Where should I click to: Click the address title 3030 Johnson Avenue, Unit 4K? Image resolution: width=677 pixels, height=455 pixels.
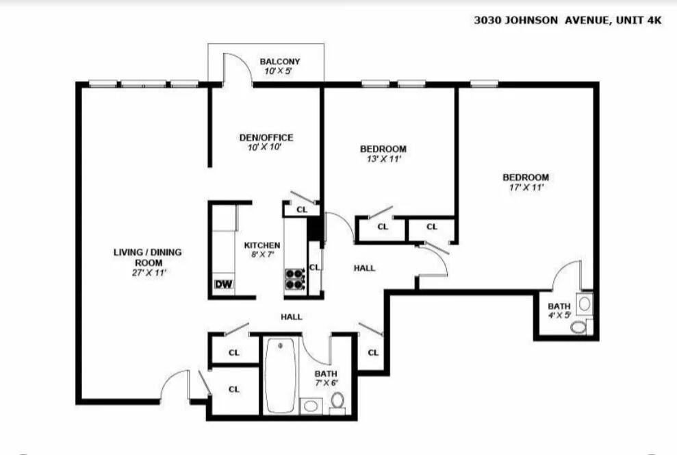567,21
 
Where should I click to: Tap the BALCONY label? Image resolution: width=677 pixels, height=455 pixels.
279,62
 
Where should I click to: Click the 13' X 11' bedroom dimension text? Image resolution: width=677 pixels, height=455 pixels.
383,159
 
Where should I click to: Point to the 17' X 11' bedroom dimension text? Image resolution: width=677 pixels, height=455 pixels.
525,188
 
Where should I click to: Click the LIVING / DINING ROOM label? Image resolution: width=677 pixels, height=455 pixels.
148,257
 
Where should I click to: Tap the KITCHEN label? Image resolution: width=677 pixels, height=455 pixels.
261,245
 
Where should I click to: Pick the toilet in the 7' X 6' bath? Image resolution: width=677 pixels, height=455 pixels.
337,409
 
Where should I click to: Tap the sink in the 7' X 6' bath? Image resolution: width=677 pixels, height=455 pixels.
311,406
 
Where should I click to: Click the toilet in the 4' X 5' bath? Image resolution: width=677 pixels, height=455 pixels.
579,327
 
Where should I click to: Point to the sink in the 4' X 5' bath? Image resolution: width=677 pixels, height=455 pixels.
585,302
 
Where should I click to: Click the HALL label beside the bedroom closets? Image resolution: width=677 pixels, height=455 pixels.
364,268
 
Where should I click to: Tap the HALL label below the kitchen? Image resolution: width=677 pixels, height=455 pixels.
291,317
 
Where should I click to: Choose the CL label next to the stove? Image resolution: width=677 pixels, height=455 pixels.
314,267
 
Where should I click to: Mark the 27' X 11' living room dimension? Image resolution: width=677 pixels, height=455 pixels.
148,273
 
